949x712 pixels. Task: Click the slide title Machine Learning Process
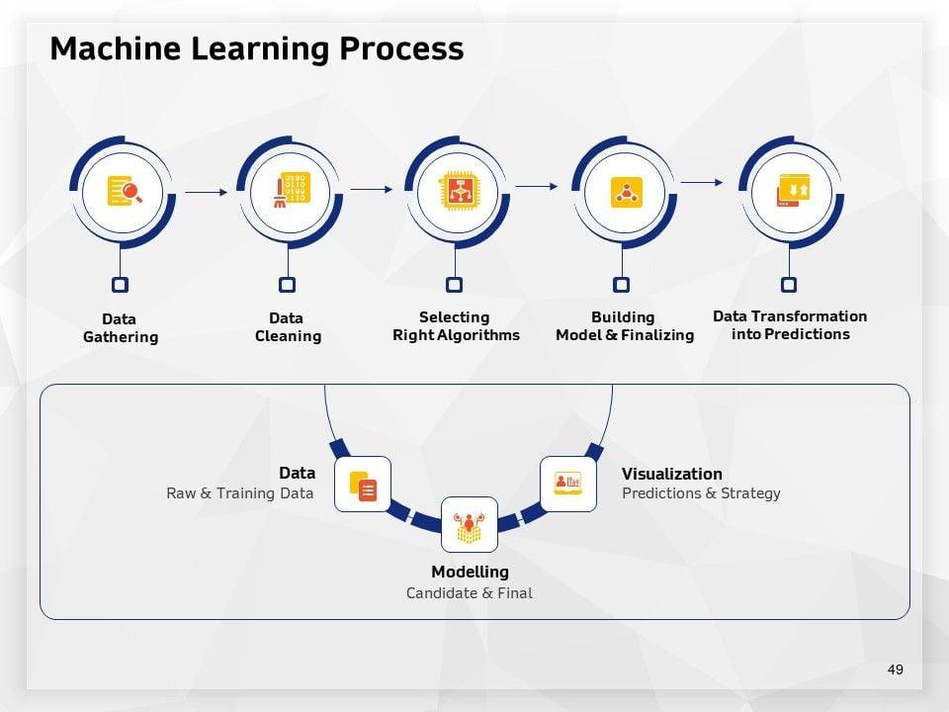pyautogui.click(x=256, y=48)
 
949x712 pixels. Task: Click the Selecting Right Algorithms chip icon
pyautogui.click(x=457, y=189)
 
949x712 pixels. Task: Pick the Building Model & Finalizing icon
pyautogui.click(x=624, y=191)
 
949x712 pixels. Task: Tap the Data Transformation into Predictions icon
pyautogui.click(x=791, y=188)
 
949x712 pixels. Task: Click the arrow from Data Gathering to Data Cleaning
pyautogui.click(x=206, y=193)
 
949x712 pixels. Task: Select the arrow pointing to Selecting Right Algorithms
pyautogui.click(x=373, y=189)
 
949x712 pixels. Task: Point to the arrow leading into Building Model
pyautogui.click(x=537, y=186)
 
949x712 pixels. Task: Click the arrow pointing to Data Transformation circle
pyautogui.click(x=702, y=182)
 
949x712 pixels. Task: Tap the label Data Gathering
pyautogui.click(x=121, y=328)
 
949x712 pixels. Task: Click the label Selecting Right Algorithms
pyautogui.click(x=456, y=326)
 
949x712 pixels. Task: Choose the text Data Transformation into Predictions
pyautogui.click(x=790, y=325)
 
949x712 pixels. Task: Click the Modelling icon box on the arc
pyautogui.click(x=469, y=524)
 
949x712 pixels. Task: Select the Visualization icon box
pyautogui.click(x=568, y=484)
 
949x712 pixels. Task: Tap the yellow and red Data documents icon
pyautogui.click(x=363, y=485)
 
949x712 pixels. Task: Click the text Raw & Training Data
pyautogui.click(x=239, y=492)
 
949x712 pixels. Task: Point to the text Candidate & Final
pyautogui.click(x=469, y=593)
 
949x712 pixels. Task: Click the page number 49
pyautogui.click(x=896, y=669)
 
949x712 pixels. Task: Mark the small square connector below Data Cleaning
pyautogui.click(x=288, y=285)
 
